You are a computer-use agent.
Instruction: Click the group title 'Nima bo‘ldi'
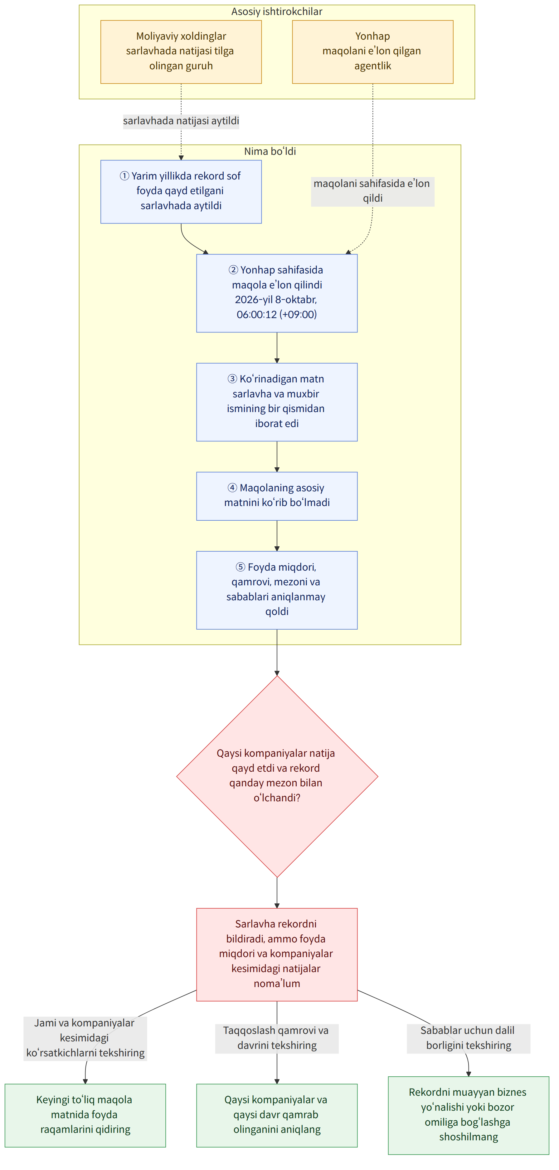[x=270, y=151]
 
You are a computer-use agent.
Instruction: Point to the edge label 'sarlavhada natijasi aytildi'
[x=181, y=121]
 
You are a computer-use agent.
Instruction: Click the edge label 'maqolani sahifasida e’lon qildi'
[x=372, y=191]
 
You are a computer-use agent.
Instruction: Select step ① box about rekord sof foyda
[x=181, y=192]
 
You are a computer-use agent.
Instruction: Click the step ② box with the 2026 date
[x=277, y=293]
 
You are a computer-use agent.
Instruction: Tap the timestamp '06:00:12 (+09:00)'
[x=277, y=314]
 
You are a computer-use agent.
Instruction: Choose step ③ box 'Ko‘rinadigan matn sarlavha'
[x=277, y=402]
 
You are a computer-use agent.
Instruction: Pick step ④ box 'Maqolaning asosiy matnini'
[x=277, y=496]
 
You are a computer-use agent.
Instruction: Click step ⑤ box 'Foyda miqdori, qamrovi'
[x=277, y=590]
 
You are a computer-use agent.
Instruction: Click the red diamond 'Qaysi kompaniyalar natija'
[x=277, y=776]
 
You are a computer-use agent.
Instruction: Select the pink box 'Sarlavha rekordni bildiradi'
[x=277, y=954]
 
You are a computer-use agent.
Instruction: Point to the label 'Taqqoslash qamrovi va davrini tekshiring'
[x=277, y=1038]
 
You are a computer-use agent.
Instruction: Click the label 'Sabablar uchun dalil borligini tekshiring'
[x=468, y=1038]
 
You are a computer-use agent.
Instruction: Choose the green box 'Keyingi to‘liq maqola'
[x=85, y=1115]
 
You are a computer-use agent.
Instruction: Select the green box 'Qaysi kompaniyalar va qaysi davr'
[x=277, y=1115]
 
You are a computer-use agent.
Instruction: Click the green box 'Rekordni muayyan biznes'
[x=468, y=1115]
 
